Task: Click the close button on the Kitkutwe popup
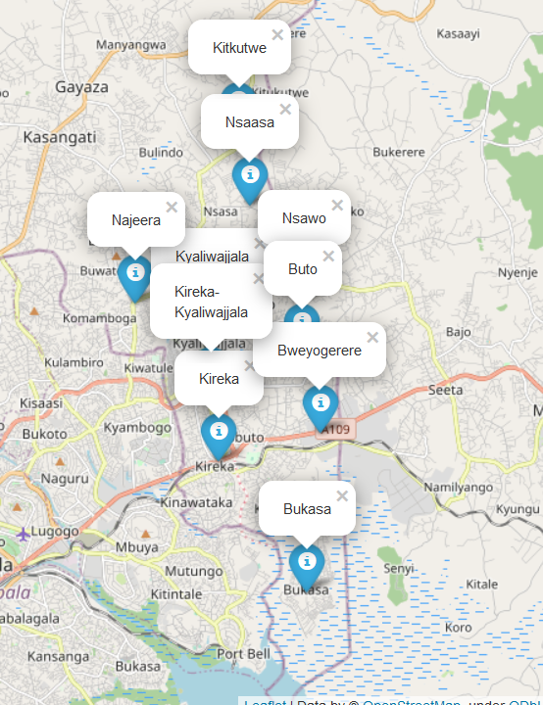(277, 34)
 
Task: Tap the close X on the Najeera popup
(173, 207)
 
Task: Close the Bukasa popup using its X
(342, 496)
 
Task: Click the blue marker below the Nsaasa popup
(250, 176)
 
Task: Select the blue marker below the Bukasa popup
(307, 563)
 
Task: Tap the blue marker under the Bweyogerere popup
(320, 403)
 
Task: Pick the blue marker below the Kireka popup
(218, 432)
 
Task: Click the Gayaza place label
(81, 87)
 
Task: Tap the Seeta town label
(445, 391)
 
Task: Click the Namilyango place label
(458, 487)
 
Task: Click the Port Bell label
(242, 653)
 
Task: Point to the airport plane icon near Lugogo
(24, 534)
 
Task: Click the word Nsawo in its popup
(304, 218)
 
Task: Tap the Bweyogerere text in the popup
(320, 351)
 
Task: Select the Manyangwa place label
(130, 45)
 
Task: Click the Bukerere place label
(399, 153)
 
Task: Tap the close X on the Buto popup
(328, 257)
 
